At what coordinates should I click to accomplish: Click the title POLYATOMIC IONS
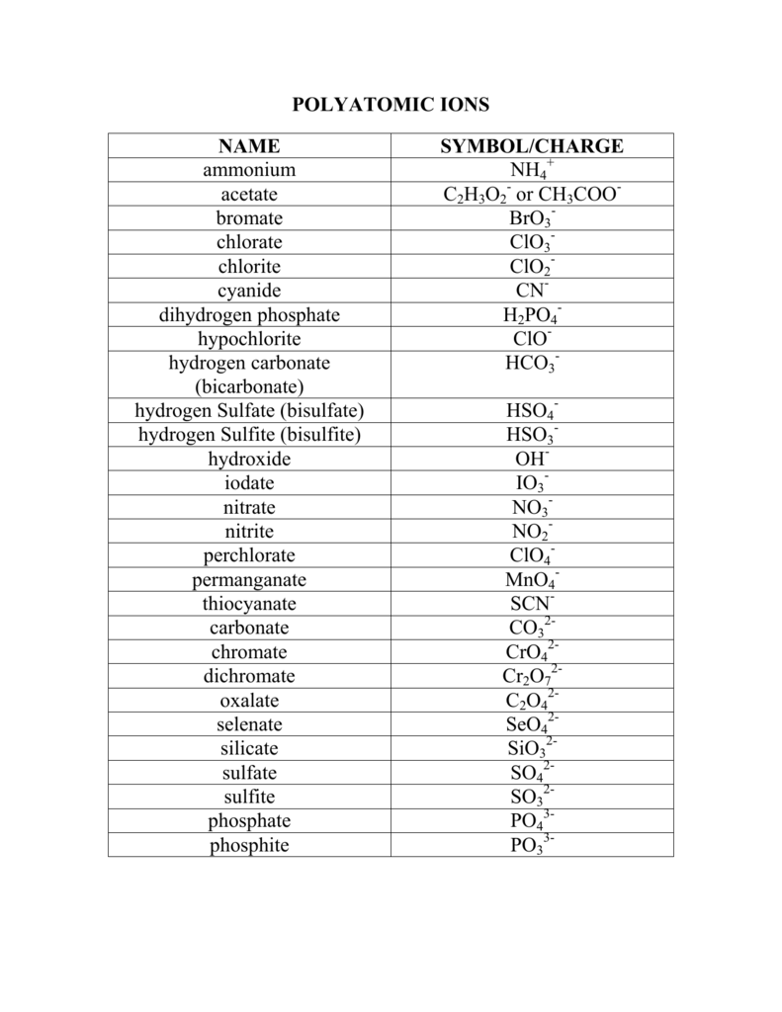[391, 105]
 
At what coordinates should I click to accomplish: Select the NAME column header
[249, 146]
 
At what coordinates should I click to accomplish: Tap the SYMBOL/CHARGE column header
[532, 146]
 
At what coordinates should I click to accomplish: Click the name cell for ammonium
[249, 170]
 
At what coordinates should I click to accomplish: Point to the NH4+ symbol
[532, 171]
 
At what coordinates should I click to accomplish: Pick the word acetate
[249, 195]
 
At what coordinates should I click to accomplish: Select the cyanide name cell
[249, 291]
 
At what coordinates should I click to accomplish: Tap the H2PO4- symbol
[532, 315]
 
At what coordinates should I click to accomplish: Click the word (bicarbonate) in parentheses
[249, 386]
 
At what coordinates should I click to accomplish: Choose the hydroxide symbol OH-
[532, 460]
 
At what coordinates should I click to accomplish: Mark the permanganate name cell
[249, 580]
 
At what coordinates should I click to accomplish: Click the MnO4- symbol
[532, 580]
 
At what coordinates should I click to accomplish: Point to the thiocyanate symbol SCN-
[532, 604]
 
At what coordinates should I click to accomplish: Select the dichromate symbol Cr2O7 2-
[532, 677]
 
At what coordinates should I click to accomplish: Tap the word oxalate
[249, 701]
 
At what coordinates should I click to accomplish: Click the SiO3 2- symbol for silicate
[532, 749]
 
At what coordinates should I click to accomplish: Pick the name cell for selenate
[249, 724]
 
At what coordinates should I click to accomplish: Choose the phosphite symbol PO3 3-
[532, 845]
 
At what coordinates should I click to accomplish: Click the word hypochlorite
[249, 339]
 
